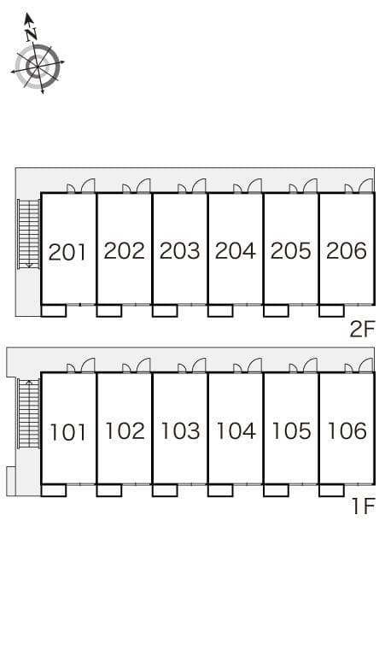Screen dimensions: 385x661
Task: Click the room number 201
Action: pos(67,252)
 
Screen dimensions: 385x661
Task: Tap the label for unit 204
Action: pos(235,251)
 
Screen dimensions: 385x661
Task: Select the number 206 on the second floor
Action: pos(347,251)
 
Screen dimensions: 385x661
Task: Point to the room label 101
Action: pos(67,432)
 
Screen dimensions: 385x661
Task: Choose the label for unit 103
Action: pos(180,430)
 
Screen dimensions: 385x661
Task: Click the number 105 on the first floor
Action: pos(291,430)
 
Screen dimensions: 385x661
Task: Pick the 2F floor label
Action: pos(362,330)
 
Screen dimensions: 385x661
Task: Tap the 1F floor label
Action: pos(363,506)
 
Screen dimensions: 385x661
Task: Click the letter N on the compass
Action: pos(31,34)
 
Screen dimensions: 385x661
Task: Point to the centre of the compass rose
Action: pos(38,67)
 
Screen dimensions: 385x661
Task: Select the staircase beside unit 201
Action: pos(29,233)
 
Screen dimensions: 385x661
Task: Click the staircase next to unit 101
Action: pos(29,413)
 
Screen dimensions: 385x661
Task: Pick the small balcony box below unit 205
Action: pos(276,311)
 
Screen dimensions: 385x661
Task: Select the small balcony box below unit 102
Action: pos(109,490)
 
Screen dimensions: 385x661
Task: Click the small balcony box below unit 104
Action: pos(220,490)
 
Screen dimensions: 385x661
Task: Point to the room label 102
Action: pos(125,430)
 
